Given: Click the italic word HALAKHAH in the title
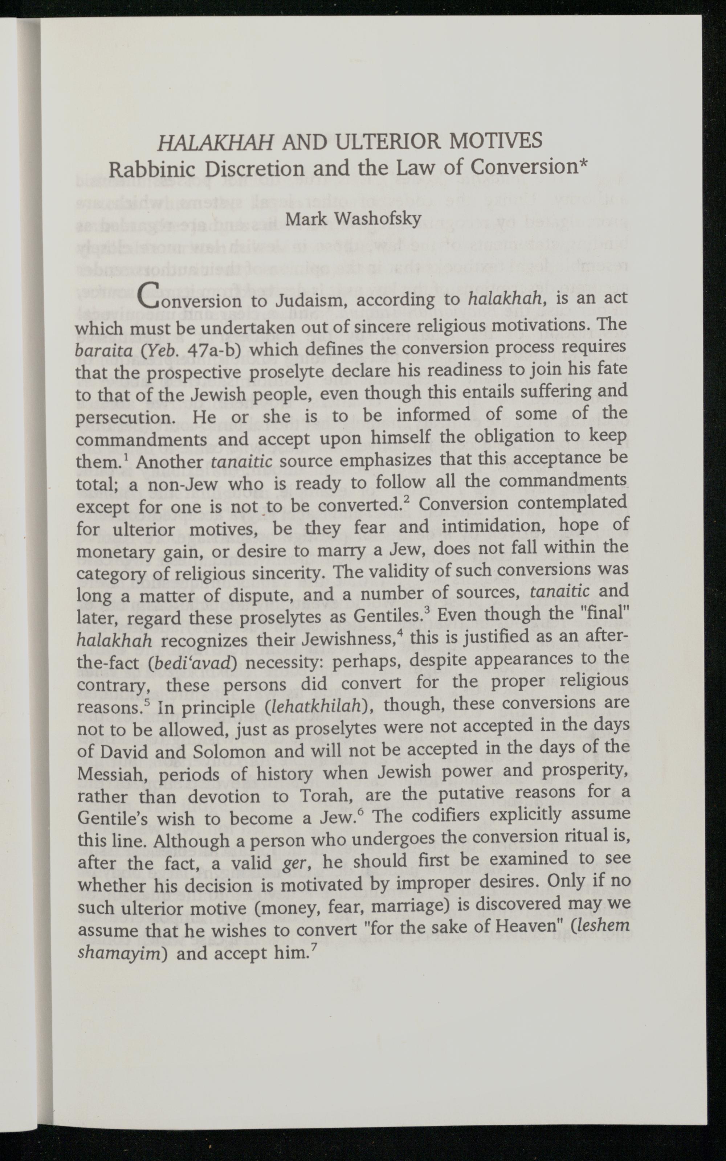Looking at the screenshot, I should click(216, 141).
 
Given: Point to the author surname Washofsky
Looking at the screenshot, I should click(378, 219).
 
